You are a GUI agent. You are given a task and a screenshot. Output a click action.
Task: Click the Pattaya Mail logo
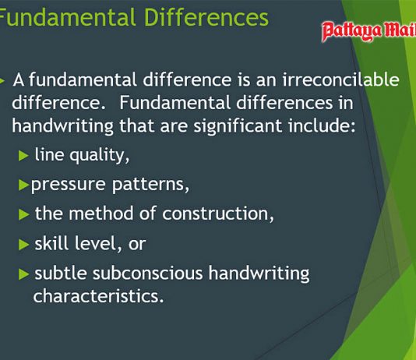tap(368, 31)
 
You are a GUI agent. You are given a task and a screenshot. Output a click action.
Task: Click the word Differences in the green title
tap(206, 17)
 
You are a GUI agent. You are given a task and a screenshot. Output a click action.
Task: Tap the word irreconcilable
tap(340, 79)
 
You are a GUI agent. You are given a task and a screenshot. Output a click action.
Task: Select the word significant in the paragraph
tap(238, 126)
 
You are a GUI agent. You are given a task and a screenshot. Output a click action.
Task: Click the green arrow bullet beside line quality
tap(23, 156)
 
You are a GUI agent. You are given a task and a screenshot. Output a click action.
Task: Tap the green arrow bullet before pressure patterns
tap(23, 185)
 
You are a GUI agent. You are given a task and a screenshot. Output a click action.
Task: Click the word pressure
tap(69, 185)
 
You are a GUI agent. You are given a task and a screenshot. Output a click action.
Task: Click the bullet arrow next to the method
tap(23, 214)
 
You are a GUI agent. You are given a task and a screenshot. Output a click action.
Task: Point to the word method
tap(100, 214)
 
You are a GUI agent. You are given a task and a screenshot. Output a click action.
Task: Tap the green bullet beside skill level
tap(23, 245)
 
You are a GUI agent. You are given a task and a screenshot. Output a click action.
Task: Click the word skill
tap(51, 243)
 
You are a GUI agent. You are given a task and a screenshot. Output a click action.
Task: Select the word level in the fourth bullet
tap(96, 243)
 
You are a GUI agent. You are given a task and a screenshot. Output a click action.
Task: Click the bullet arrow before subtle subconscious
tap(23, 274)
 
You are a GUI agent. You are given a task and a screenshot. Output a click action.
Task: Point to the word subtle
tap(61, 273)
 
